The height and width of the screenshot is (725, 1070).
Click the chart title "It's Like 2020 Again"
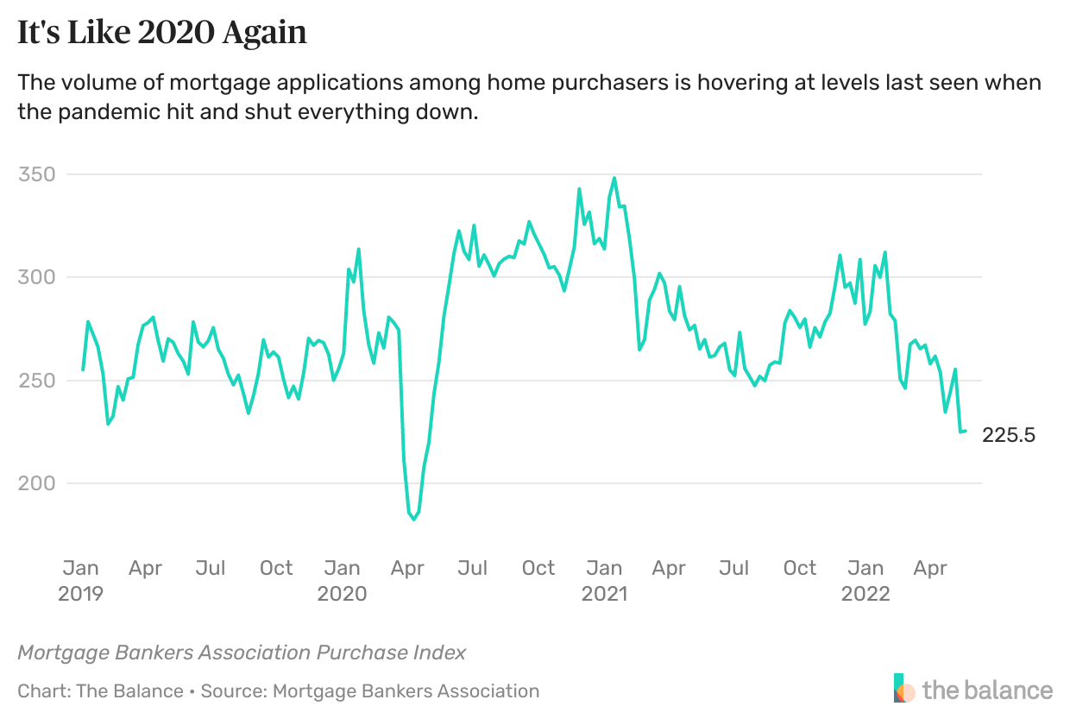coord(162,32)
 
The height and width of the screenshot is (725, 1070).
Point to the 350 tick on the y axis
coord(36,174)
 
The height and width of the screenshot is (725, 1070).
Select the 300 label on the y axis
coord(36,277)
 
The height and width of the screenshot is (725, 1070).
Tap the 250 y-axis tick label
coord(36,381)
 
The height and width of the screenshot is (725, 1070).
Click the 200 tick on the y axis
coord(36,483)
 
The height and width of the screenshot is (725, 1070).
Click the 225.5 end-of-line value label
coord(1009,436)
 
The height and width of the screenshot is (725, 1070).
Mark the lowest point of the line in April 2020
coord(414,520)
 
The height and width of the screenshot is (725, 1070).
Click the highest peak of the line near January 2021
coord(614,178)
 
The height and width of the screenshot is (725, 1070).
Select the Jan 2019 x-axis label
coord(81,580)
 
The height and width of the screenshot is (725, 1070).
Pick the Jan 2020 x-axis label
coord(342,580)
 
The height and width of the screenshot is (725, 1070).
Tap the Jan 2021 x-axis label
coord(604,580)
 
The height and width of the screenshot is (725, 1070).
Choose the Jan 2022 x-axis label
coord(865,580)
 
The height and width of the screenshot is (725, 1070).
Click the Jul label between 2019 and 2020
coord(211,568)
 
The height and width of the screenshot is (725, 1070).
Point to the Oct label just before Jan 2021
coord(538,568)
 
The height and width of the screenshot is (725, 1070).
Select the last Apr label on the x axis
coord(930,568)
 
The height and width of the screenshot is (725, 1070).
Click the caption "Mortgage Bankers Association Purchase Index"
coord(242,652)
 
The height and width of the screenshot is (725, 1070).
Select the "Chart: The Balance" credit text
coord(100,690)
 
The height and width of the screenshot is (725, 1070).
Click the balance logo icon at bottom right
coord(903,689)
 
